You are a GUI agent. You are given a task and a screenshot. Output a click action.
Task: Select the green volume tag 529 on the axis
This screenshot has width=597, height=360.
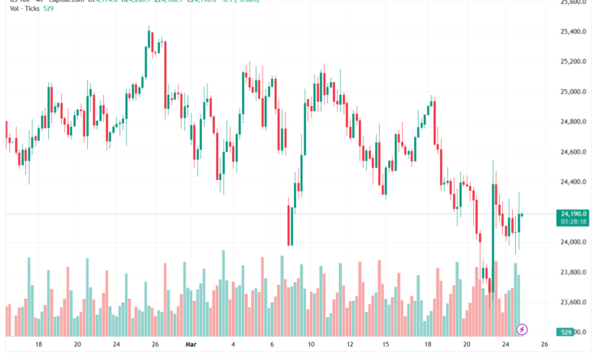pyautogui.click(x=566, y=332)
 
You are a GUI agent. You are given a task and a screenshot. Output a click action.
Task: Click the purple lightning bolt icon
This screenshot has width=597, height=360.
pyautogui.click(x=522, y=329)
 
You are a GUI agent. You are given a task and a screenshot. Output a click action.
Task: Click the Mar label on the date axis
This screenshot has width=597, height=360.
pyautogui.click(x=192, y=345)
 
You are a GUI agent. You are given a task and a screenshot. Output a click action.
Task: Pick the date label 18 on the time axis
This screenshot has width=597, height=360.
pyautogui.click(x=38, y=345)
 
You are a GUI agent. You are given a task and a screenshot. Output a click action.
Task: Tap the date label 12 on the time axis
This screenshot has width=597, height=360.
pyautogui.click(x=350, y=345)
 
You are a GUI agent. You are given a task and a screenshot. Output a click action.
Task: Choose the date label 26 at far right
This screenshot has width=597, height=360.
pyautogui.click(x=544, y=345)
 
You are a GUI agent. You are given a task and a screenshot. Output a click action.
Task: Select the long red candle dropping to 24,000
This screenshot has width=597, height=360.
pyautogui.click(x=290, y=225)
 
